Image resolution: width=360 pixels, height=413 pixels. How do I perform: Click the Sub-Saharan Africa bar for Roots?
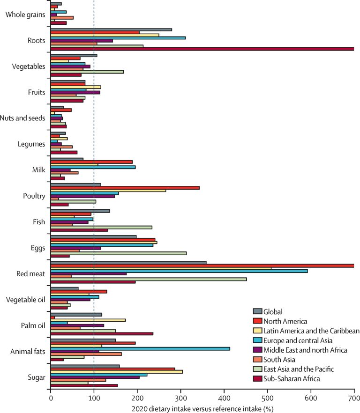202,49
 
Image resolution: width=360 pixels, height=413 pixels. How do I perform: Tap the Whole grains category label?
25,15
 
